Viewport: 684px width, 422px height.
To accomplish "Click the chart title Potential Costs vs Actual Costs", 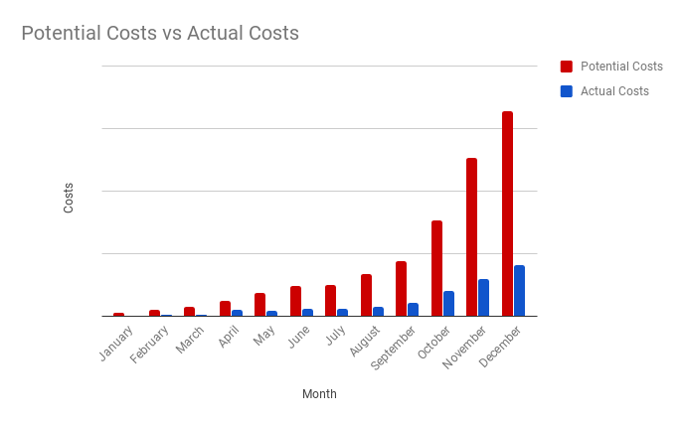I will (160, 34).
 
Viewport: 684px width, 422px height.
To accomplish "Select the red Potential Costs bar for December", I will (507, 213).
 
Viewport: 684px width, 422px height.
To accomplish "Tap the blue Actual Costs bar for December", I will (519, 290).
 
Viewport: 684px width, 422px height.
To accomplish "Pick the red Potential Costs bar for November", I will (472, 236).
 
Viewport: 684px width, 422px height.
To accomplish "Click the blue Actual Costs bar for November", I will (483, 297).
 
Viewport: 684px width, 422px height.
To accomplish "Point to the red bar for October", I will (436, 268).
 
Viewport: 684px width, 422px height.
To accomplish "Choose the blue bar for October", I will (448, 303).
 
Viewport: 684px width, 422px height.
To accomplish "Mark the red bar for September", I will (401, 288).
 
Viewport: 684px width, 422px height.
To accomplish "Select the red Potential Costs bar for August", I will (366, 295).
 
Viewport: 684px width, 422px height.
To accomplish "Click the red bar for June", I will (295, 301).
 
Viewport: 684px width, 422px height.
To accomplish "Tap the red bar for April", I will (225, 308).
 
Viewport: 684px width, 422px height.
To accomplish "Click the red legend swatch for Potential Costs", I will (567, 67).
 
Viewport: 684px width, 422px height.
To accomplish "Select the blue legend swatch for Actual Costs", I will (567, 91).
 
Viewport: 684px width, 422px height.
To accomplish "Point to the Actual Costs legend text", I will (614, 91).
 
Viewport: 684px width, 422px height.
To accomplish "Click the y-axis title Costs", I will (69, 197).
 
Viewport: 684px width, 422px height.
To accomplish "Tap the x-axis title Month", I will (319, 394).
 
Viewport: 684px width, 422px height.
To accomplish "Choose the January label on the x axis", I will (115, 343).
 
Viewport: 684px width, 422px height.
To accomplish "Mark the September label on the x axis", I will (394, 349).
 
